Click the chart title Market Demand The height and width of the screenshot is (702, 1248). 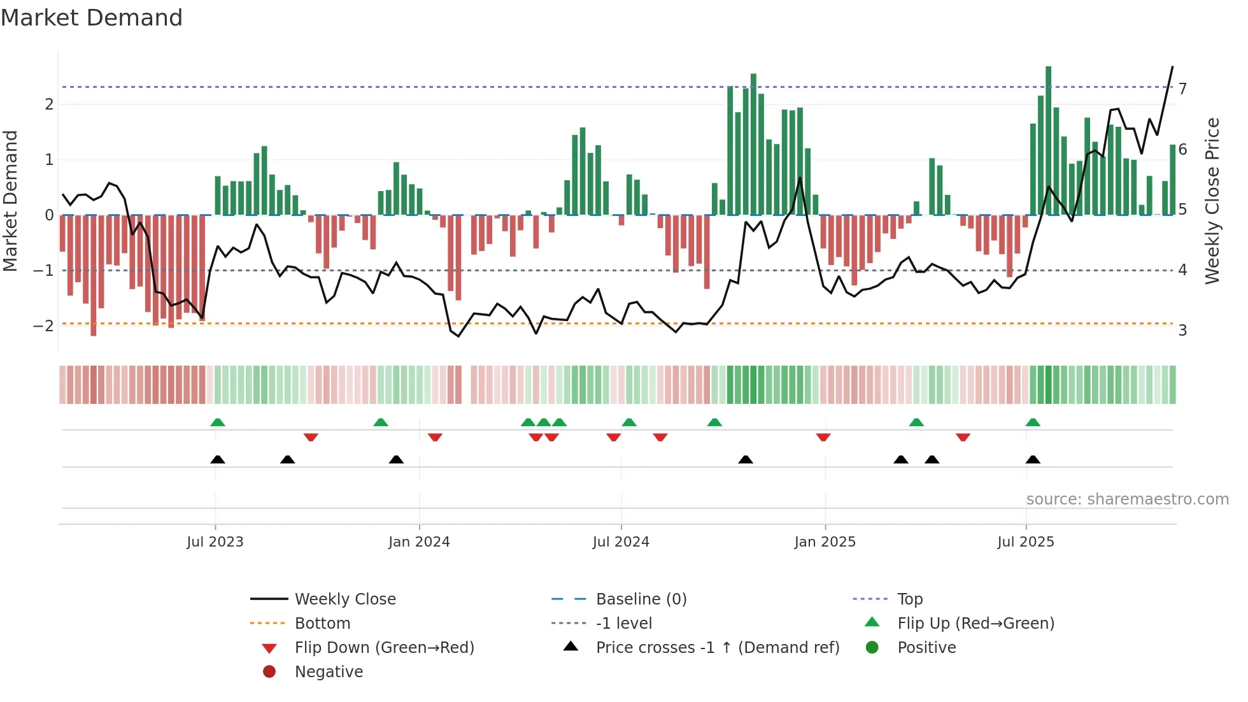[x=92, y=18]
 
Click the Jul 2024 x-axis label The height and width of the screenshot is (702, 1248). [x=621, y=542]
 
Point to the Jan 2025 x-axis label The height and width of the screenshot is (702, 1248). [x=825, y=542]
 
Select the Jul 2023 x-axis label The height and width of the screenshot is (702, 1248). [x=215, y=542]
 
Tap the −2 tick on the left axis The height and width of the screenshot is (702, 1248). [x=43, y=326]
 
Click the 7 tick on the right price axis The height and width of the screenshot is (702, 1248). [x=1182, y=89]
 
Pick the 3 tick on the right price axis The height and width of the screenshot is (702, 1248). [x=1182, y=331]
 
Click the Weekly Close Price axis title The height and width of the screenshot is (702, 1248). [x=1212, y=201]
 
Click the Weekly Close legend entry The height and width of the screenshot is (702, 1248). [x=344, y=599]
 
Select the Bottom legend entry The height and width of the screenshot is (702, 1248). [x=322, y=624]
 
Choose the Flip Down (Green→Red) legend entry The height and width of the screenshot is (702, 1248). [x=384, y=648]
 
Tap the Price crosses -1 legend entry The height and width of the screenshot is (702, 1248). [x=717, y=648]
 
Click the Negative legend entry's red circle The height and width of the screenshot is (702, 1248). [x=269, y=672]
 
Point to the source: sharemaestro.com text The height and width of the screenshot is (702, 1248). [x=1127, y=499]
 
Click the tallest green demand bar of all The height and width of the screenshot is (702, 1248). [x=1048, y=140]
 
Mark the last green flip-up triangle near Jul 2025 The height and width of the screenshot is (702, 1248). [x=1033, y=422]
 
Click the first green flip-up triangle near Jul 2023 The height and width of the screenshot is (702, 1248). [x=218, y=422]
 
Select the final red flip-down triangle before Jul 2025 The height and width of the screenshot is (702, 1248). [x=963, y=437]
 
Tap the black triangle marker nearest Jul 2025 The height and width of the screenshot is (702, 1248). [x=1033, y=460]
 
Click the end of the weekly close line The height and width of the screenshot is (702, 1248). [x=1172, y=67]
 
